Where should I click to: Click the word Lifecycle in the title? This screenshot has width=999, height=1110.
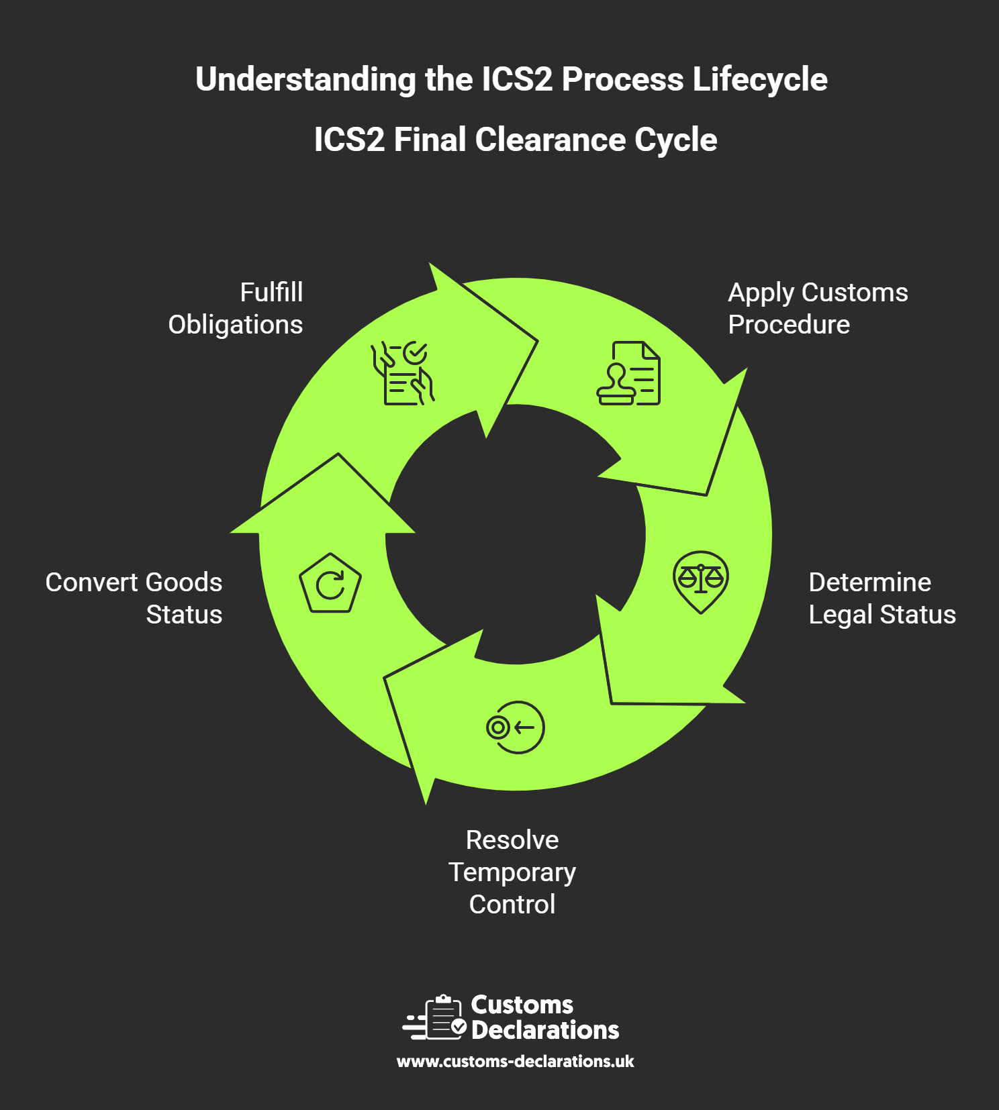[x=760, y=80]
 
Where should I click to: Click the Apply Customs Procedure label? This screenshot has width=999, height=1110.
[x=818, y=309]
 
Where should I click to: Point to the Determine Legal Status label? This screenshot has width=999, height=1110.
[x=882, y=599]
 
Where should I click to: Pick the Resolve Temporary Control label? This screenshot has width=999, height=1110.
[x=512, y=872]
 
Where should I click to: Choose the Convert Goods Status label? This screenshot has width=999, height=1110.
[x=134, y=599]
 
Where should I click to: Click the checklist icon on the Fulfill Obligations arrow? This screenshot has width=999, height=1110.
[x=403, y=373]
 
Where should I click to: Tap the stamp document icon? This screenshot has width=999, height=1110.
[x=629, y=373]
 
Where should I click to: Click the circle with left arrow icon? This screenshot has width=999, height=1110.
[x=516, y=727]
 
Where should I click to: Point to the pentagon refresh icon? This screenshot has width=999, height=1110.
[x=330, y=583]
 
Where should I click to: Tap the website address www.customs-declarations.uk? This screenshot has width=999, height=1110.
[x=516, y=1062]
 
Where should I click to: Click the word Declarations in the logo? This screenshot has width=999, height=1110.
[x=545, y=1030]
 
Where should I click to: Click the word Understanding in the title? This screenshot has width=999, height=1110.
[x=305, y=80]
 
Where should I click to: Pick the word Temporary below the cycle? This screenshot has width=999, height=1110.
[x=512, y=872]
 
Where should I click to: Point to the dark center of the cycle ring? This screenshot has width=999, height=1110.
[x=516, y=534]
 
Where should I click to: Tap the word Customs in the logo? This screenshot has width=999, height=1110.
[x=522, y=1005]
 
